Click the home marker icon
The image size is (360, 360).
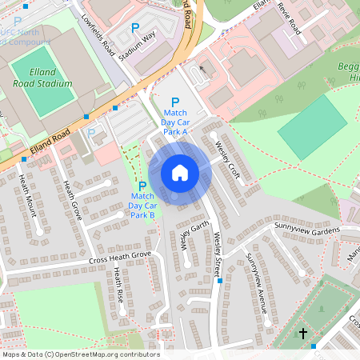[180, 172]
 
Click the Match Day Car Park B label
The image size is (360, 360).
[142, 206]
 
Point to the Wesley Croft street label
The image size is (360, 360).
[228, 158]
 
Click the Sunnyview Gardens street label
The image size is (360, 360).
[307, 229]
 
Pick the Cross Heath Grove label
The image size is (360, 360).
[119, 257]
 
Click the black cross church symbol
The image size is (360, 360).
[303, 332]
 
